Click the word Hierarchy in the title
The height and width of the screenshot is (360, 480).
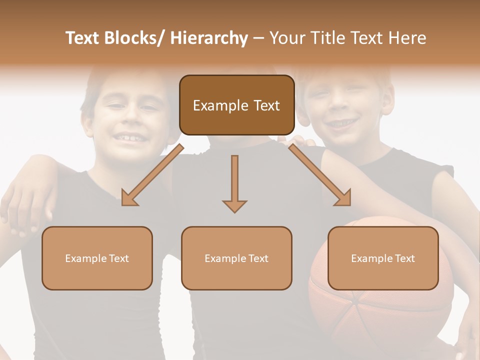pyautogui.click(x=209, y=38)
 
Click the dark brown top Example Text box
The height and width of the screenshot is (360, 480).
pyautogui.click(x=236, y=105)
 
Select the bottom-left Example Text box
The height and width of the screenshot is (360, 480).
pyautogui.click(x=97, y=258)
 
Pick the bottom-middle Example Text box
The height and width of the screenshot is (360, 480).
pyautogui.click(x=236, y=258)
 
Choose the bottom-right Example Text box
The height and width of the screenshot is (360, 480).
pyautogui.click(x=383, y=258)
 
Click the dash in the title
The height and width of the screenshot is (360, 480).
pyautogui.click(x=258, y=38)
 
